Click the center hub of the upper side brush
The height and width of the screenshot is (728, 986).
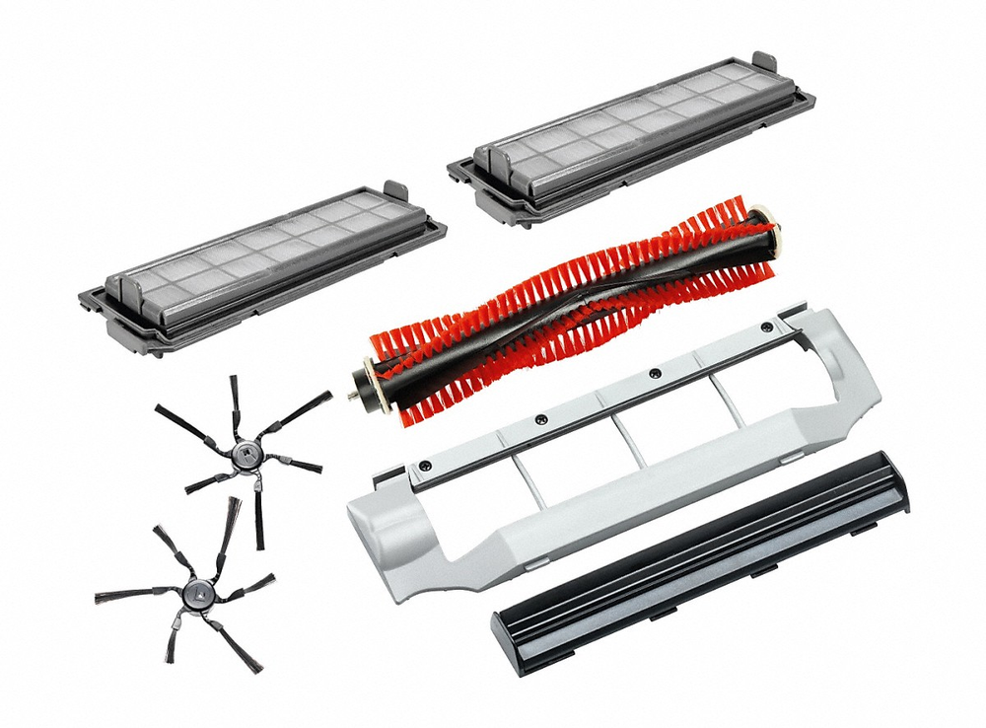pos(242,453)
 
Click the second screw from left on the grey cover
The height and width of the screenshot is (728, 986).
pos(540,420)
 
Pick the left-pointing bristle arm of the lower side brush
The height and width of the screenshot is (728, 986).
pos(118,598)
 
